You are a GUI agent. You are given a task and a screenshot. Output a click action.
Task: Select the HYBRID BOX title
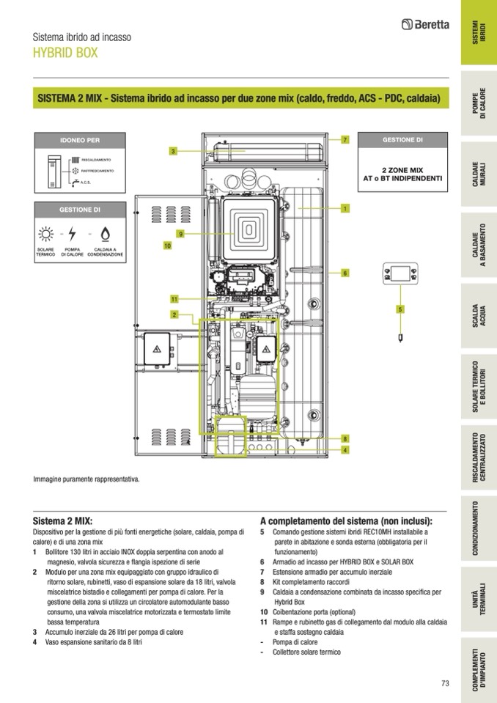point(65,54)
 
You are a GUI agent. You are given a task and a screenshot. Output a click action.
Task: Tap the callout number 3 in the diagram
point(173,151)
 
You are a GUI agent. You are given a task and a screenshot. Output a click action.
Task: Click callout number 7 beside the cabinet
point(345,139)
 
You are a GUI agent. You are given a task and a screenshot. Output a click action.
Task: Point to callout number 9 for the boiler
point(179,234)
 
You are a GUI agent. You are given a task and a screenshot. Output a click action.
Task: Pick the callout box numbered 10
point(167,246)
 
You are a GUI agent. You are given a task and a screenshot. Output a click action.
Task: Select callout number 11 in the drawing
point(174,299)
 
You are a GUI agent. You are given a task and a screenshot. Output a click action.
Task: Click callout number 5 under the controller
point(400,309)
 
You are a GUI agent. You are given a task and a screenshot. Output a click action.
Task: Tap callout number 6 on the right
point(345,273)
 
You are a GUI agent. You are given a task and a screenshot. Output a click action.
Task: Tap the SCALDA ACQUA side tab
point(478,317)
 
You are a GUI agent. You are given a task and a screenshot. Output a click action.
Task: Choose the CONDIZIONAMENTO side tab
point(478,528)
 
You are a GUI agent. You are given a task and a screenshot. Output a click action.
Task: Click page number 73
point(445,683)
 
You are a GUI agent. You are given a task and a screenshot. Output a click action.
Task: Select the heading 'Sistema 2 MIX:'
point(63,517)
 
